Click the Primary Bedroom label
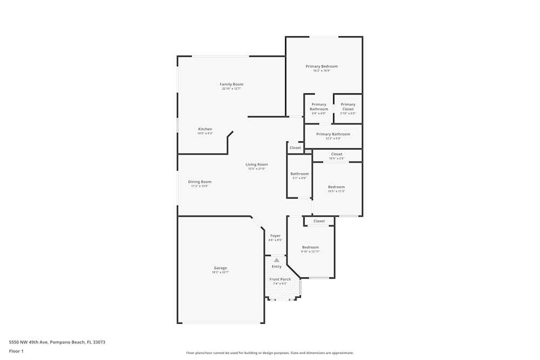point(322,66)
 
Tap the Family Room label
point(231,84)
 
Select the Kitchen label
point(205,129)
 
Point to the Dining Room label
point(200,182)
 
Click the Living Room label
point(256,165)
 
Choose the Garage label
point(220,268)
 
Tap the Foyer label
point(275,236)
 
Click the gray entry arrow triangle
point(276,260)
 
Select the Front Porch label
point(280,279)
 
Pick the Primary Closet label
point(348,106)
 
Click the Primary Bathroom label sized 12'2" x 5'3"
point(333,134)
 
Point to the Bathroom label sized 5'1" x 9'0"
point(300,174)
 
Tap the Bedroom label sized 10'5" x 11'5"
point(336,187)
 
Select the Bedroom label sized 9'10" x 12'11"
point(310,247)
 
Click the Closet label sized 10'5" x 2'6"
point(337,154)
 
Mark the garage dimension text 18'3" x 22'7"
point(220,273)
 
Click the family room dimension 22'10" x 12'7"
point(231,89)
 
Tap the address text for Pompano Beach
point(57,342)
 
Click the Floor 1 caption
point(16,351)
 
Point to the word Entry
point(276,267)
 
